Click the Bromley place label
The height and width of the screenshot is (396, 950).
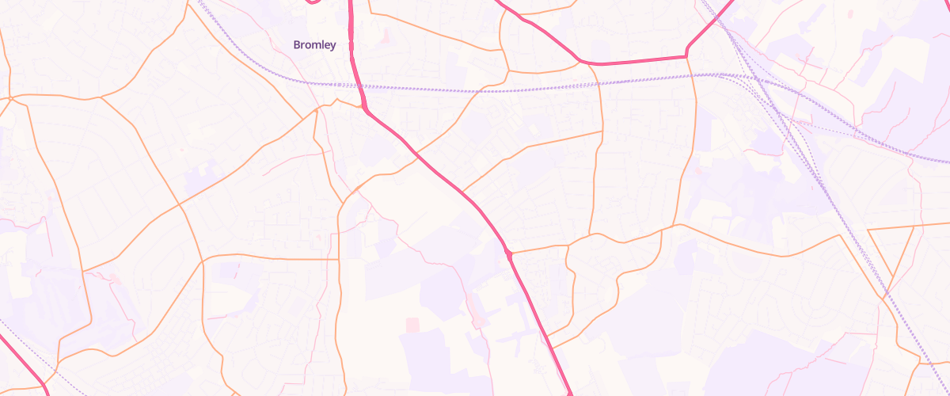[x=314, y=45]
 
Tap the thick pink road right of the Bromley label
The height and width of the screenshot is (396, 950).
[x=354, y=48]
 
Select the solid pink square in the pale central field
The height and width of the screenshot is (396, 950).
[x=412, y=325]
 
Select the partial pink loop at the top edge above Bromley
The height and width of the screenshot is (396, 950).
[x=313, y=2]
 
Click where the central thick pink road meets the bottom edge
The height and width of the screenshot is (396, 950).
[x=570, y=393]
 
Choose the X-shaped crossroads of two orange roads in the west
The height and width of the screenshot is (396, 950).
[x=180, y=205]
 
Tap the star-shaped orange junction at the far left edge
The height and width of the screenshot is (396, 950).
[x=10, y=98]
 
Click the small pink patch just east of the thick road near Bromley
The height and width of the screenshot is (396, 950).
[x=386, y=36]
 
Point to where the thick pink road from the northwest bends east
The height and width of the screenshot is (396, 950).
[x=581, y=60]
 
